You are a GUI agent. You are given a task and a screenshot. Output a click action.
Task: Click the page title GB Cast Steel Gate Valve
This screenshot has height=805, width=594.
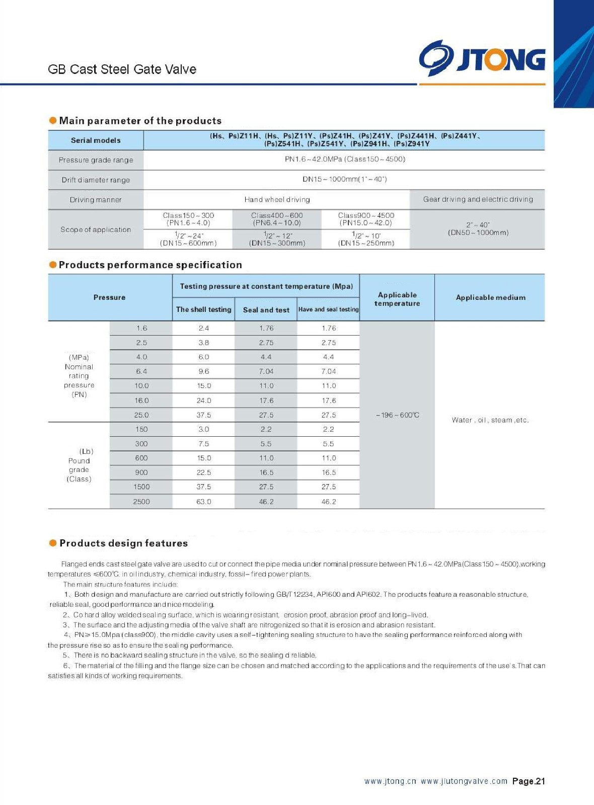(x=122, y=69)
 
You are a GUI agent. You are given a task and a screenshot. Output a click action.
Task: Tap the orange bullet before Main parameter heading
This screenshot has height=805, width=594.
(x=53, y=120)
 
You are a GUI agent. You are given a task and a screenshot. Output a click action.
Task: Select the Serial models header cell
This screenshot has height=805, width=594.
(x=96, y=140)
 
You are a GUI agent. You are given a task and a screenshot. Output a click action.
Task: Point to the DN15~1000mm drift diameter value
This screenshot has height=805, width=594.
(x=344, y=179)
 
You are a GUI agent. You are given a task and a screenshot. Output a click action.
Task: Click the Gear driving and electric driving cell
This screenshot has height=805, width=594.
(x=478, y=199)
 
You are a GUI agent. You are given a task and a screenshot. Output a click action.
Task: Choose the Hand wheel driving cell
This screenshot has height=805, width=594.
(x=277, y=200)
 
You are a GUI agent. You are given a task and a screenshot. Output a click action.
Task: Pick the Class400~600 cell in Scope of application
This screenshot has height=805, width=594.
(x=277, y=219)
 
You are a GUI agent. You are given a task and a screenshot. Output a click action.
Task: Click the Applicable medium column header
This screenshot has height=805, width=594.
(x=490, y=297)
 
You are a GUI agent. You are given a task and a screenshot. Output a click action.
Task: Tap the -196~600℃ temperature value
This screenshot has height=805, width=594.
(x=397, y=415)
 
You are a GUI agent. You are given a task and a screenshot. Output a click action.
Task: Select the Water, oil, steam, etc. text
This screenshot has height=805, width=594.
(x=490, y=420)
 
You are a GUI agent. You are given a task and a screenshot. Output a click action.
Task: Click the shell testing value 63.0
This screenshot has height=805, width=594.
(x=203, y=502)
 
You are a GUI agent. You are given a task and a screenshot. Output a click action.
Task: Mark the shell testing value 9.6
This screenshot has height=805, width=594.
(x=203, y=371)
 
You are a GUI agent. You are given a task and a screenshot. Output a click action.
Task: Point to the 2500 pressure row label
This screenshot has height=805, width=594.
(x=141, y=502)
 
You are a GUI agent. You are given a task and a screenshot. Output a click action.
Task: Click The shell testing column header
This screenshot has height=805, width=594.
(x=203, y=309)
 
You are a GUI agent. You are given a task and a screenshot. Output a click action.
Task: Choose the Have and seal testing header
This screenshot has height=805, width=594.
(x=328, y=309)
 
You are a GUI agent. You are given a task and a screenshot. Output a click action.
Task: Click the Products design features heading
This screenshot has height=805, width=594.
(x=123, y=543)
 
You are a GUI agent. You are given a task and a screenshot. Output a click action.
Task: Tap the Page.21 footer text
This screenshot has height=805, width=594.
(x=528, y=781)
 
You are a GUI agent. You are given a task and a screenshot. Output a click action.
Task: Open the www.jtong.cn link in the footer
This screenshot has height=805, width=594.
(x=390, y=781)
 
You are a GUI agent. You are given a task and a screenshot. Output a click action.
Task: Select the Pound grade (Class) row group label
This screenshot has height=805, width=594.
(x=79, y=465)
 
